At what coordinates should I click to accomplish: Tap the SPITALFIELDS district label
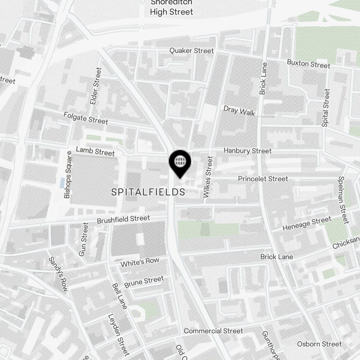point(148,192)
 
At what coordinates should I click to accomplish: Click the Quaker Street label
point(192,51)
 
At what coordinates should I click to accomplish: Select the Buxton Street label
point(309,64)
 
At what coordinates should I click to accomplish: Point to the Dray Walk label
point(239,111)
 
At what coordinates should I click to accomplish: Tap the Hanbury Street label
point(248,151)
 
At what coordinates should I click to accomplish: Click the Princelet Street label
point(263,179)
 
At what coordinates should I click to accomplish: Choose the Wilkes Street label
point(208,177)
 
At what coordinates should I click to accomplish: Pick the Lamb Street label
point(95,151)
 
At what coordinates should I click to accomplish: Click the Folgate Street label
point(86,118)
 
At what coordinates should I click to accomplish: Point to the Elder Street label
point(96,86)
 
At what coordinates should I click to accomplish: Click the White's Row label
point(140,262)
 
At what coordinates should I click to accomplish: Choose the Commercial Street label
point(213,331)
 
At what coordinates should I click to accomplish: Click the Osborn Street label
point(319,344)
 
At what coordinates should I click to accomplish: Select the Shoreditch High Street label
point(171,8)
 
